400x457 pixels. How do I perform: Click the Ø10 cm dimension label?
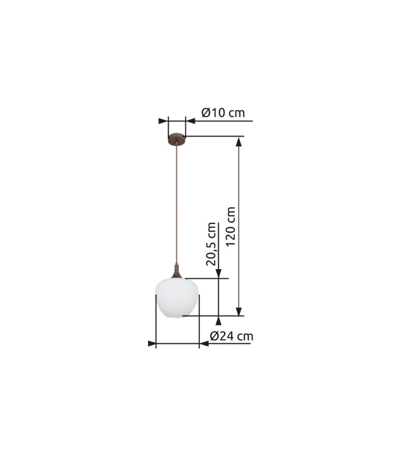coord(223,113)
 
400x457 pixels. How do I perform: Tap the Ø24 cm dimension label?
coord(231,336)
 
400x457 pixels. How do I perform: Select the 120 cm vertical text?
coord(231,226)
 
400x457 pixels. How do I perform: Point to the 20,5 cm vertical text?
coord(211,244)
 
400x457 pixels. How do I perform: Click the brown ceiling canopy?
coord(177,139)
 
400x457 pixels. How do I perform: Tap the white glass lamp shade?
coord(177,298)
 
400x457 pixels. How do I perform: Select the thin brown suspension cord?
coord(177,204)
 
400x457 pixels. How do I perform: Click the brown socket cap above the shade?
coord(177,271)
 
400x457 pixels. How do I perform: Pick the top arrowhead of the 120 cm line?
coord(239,142)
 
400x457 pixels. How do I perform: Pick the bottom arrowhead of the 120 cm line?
coord(239,311)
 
